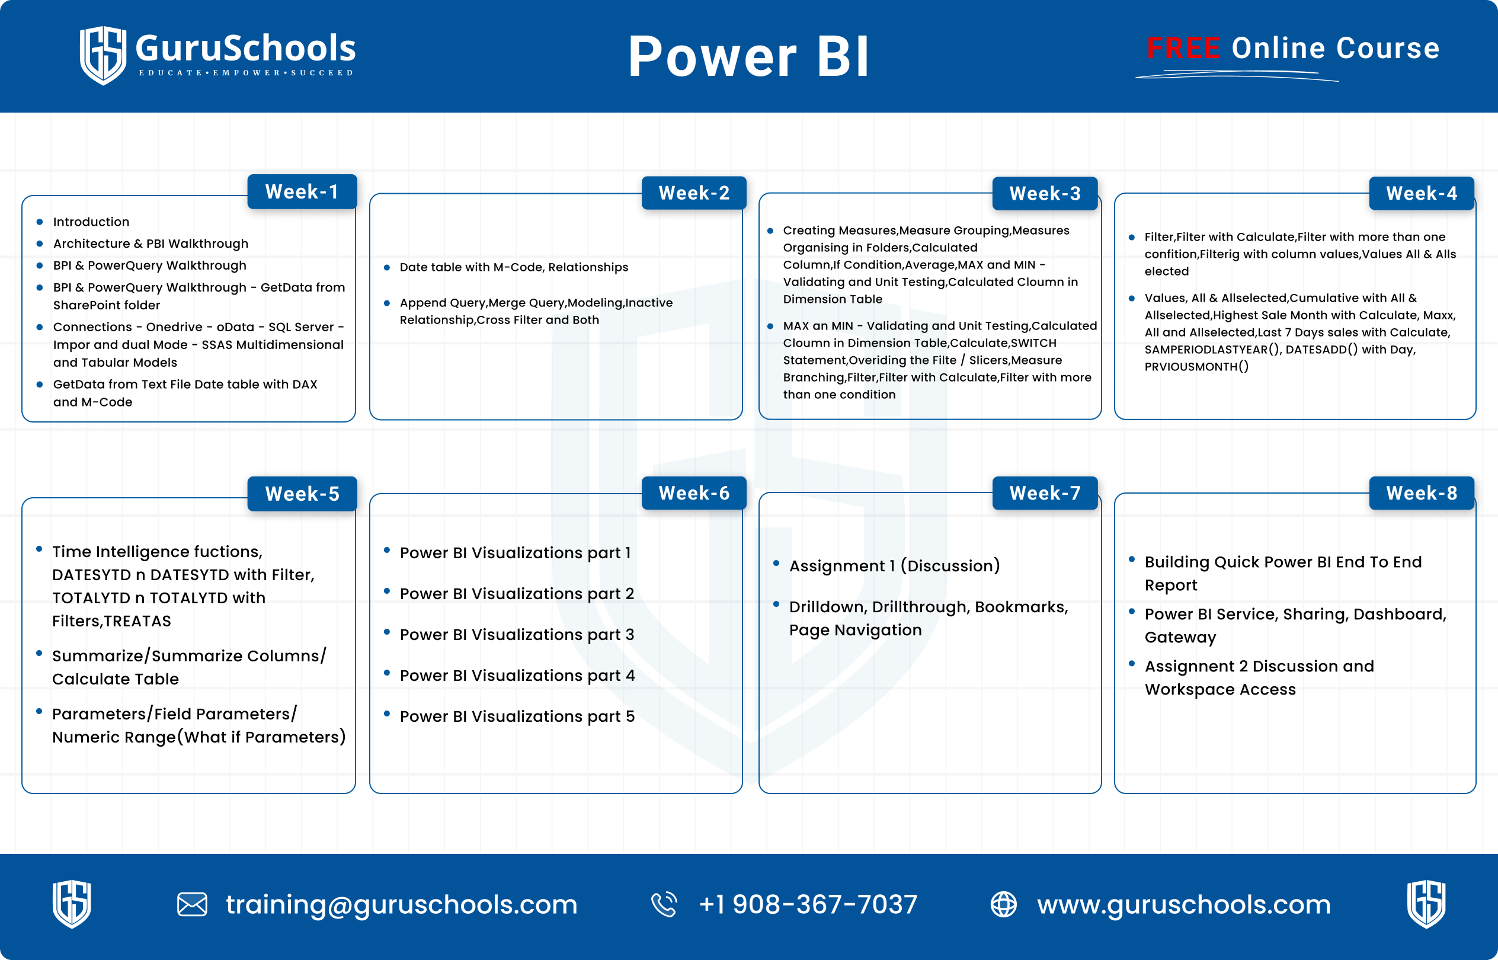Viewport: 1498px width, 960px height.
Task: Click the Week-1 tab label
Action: click(302, 191)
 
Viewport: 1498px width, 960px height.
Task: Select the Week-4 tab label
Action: click(1422, 193)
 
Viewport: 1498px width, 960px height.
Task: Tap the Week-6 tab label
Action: click(694, 493)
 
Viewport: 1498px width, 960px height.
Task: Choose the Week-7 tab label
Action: click(1045, 493)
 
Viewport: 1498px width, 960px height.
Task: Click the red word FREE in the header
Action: click(1183, 48)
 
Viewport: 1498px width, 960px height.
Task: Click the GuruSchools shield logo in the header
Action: click(103, 55)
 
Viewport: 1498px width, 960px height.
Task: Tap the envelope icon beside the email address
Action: click(192, 904)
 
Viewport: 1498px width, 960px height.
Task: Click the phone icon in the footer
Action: click(664, 904)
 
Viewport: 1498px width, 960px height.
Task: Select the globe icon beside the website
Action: click(1004, 904)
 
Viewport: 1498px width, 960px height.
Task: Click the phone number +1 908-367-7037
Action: click(808, 904)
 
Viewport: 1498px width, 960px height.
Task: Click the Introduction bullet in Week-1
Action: click(91, 222)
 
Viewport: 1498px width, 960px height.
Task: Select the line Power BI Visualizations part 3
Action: click(517, 635)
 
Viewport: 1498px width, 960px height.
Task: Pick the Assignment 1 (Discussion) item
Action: click(895, 566)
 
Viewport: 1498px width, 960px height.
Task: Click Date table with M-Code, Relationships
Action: click(514, 267)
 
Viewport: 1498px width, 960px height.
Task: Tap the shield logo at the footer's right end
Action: click(1426, 904)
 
